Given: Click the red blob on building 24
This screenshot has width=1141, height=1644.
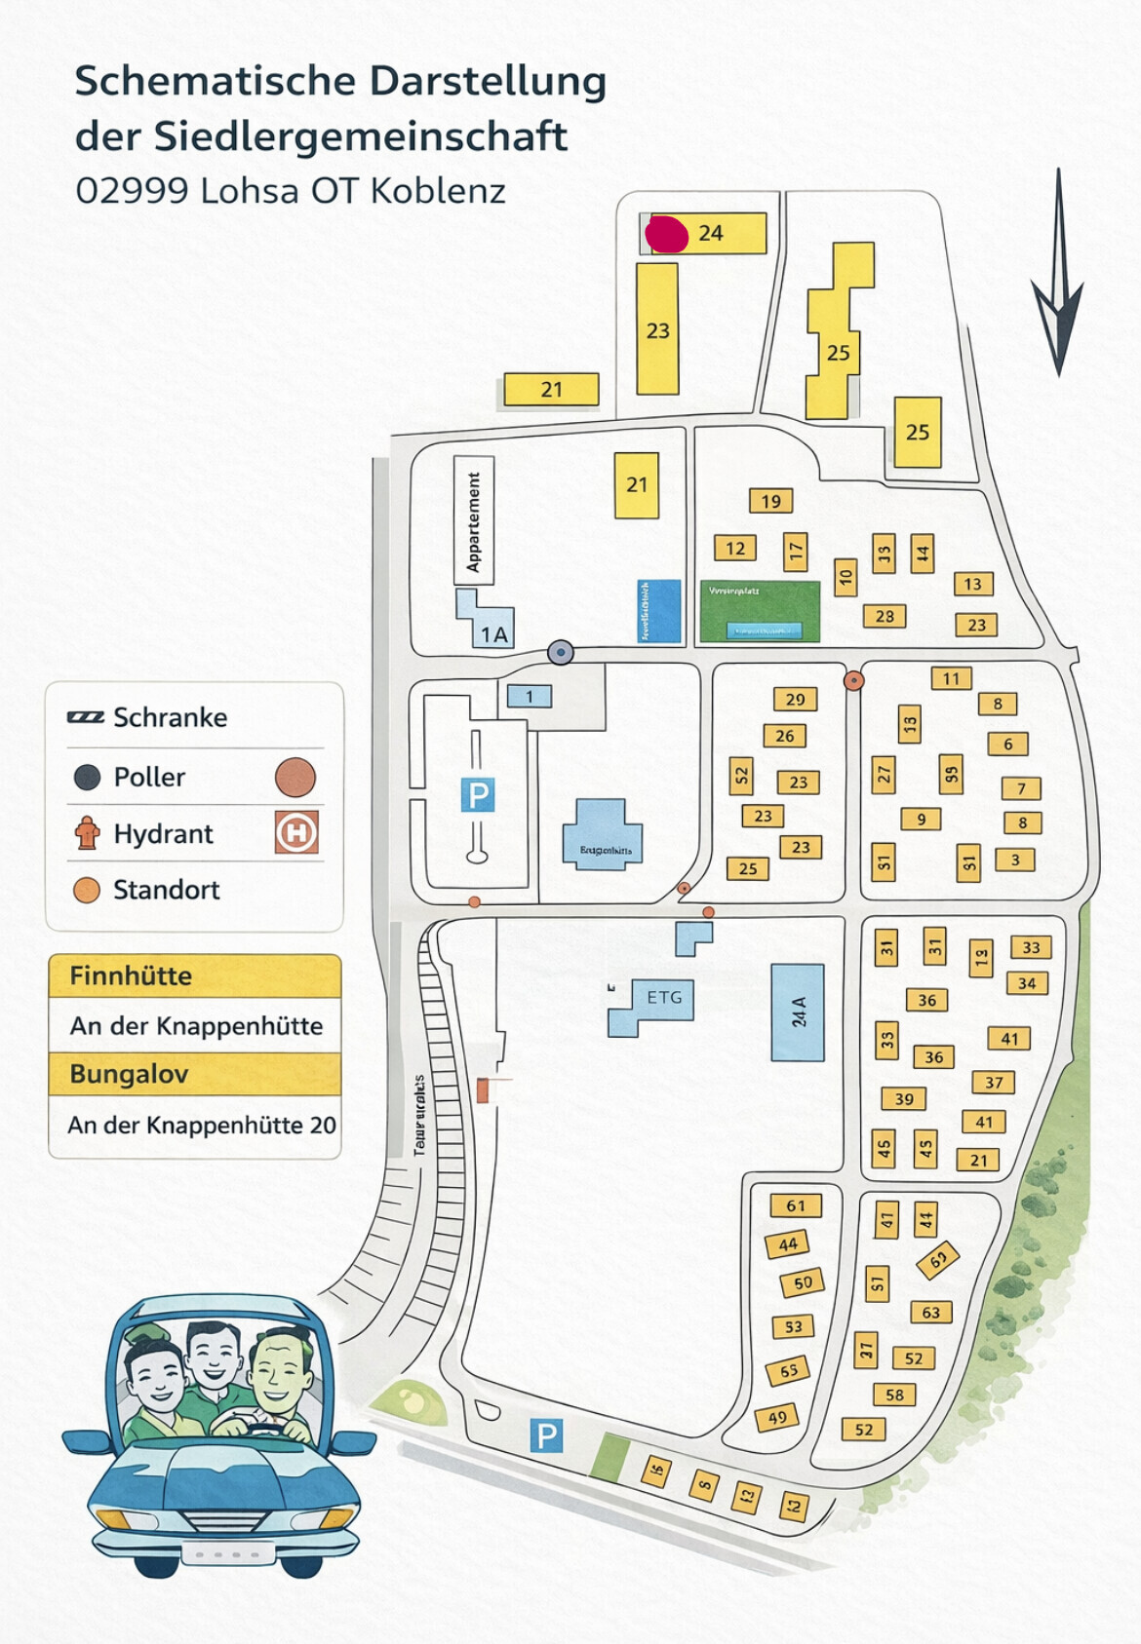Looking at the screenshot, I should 667,234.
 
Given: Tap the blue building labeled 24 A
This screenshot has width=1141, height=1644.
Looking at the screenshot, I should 798,1013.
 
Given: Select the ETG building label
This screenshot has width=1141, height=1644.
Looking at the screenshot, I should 664,998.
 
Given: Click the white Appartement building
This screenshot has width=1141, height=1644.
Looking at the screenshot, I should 474,520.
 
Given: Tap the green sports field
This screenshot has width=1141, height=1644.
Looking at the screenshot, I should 760,611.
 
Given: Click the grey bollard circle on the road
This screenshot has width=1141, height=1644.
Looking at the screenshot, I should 560,652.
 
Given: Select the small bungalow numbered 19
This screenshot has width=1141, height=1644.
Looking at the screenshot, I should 770,501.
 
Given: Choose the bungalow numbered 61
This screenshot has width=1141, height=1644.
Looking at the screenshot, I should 796,1205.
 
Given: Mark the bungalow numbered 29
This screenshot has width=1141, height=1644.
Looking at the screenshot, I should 795,699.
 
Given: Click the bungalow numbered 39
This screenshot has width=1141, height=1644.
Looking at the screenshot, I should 904,1099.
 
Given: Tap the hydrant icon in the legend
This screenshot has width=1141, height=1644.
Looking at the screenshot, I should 87,833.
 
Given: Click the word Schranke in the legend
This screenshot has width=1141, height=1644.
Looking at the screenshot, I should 170,718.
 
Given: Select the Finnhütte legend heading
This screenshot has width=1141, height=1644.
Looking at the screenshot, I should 132,975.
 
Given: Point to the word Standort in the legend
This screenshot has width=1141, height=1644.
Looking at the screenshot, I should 166,890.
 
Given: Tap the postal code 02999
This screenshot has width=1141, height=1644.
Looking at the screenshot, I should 132,191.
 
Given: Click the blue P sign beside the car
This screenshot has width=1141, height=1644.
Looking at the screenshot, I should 546,1434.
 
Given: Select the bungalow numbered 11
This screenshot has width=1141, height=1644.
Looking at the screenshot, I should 951,678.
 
